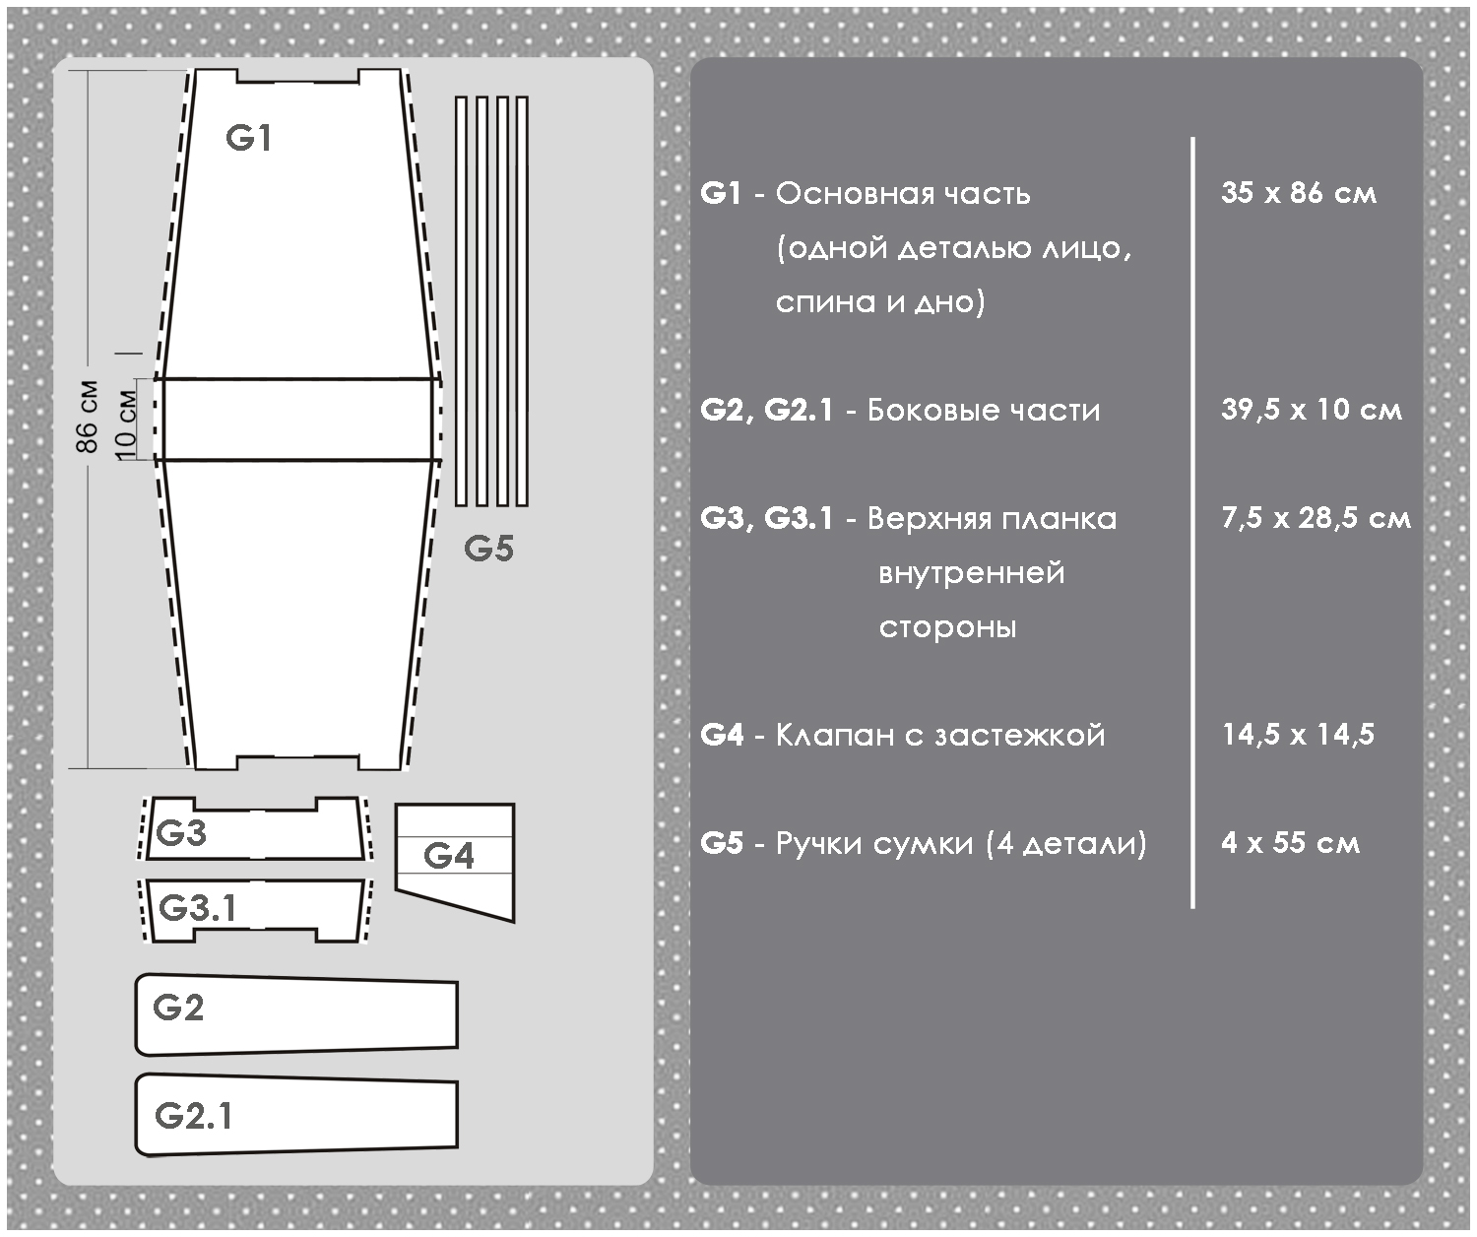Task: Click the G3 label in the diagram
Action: (x=182, y=833)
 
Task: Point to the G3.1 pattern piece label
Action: (x=198, y=907)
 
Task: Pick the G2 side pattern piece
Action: (x=295, y=1015)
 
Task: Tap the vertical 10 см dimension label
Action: (x=126, y=421)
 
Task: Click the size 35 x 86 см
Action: (x=1298, y=193)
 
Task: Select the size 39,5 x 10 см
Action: (x=1311, y=410)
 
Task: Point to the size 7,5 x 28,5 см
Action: (x=1316, y=518)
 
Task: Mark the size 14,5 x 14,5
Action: (x=1298, y=735)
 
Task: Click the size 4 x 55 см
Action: (x=1290, y=843)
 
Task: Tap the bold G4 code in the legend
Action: (x=722, y=735)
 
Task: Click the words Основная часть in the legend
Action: (x=903, y=193)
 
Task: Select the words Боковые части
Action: (x=984, y=410)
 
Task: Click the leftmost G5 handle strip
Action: (x=461, y=300)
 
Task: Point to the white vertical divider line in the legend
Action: (x=1192, y=522)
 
